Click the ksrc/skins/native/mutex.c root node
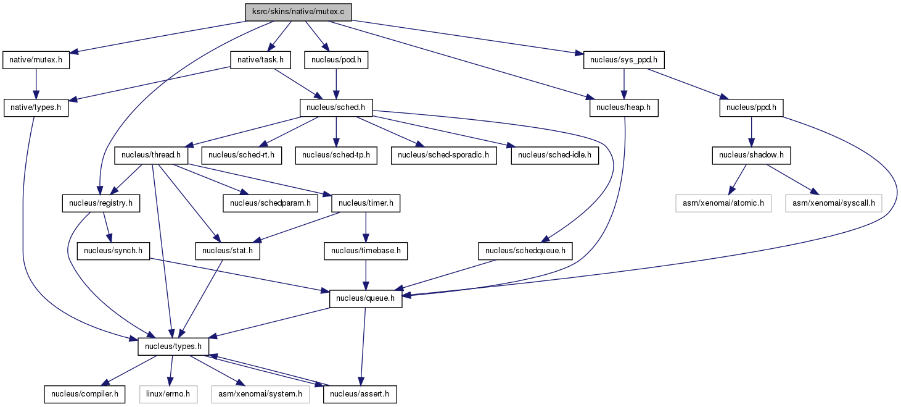[298, 12]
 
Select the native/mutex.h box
[36, 60]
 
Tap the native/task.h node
[260, 60]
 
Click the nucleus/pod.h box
[336, 60]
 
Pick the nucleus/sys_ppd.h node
[623, 60]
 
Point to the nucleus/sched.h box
[336, 107]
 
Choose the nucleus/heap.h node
[624, 107]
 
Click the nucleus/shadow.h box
[751, 155]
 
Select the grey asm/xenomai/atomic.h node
[723, 203]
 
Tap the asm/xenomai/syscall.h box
[833, 203]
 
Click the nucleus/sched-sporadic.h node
[443, 155]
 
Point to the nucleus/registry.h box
[101, 203]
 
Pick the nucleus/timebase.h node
[366, 251]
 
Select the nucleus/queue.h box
[366, 298]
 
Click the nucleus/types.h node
[173, 346]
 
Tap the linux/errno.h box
[168, 394]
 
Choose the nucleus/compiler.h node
[84, 394]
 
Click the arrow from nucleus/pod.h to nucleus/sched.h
[336, 84]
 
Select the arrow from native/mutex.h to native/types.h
[36, 84]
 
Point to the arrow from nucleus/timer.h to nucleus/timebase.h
[366, 227]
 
